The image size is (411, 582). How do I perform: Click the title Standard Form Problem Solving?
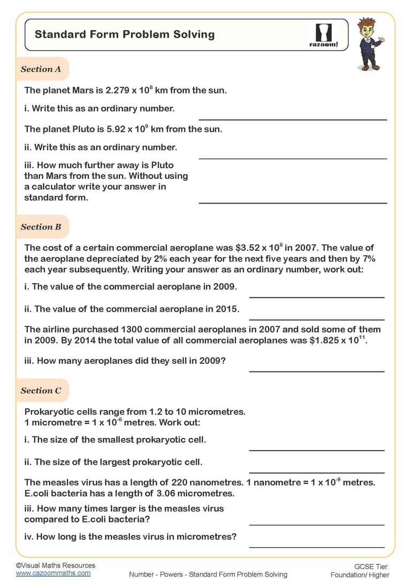125,34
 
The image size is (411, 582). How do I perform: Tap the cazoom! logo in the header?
323,35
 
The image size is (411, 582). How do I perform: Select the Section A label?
41,69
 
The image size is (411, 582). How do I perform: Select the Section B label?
41,227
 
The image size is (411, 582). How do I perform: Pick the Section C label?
41,391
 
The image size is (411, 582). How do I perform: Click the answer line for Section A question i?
293,120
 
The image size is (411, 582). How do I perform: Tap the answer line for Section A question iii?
293,203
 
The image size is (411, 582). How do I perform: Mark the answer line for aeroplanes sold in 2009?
317,371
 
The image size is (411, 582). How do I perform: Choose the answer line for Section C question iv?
317,547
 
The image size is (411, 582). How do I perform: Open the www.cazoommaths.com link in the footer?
53,573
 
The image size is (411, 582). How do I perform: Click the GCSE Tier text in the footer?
371,566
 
